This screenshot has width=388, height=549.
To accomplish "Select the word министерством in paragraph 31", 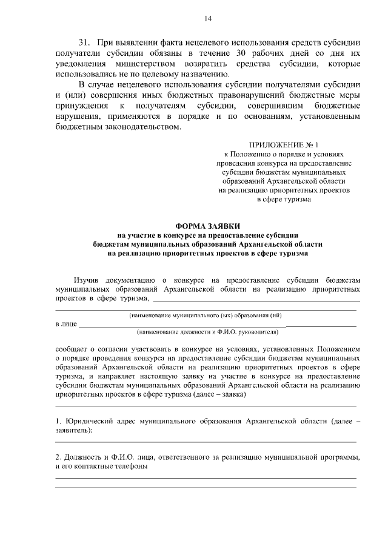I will click(150, 64).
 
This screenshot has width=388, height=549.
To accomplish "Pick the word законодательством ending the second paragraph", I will click(141, 127).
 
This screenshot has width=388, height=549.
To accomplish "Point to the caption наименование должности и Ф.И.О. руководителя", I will click(207, 332).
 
